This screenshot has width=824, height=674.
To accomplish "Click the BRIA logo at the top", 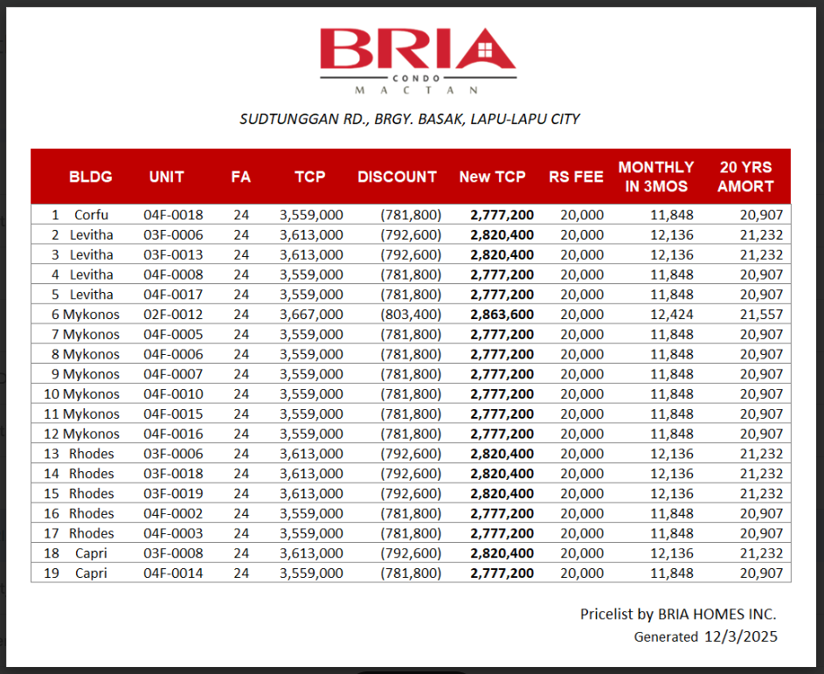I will click(x=417, y=58).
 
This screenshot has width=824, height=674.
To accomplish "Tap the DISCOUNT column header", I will click(x=397, y=177).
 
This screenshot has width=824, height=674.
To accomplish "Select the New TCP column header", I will click(x=492, y=177).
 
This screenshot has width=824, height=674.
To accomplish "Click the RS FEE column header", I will click(x=576, y=177).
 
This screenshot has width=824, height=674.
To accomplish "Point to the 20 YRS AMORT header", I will click(x=745, y=177).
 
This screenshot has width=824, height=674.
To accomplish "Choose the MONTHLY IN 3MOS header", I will click(x=656, y=177).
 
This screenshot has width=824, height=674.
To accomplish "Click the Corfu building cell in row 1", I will click(x=91, y=215).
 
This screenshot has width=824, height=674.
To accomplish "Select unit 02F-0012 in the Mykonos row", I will click(x=173, y=315).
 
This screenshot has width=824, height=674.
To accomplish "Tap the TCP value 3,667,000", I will click(x=311, y=315).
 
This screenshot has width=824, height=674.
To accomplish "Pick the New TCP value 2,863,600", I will click(x=502, y=315).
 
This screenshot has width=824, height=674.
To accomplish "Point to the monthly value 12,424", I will click(x=672, y=315).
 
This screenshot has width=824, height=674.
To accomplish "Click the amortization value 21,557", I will click(x=761, y=315).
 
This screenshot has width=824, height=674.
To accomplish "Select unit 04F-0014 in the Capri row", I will click(x=173, y=573).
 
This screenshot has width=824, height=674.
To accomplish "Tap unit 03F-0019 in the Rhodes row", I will click(x=173, y=494).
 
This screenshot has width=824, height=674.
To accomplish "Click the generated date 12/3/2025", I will click(x=740, y=637).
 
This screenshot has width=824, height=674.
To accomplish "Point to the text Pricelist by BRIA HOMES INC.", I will click(x=677, y=615).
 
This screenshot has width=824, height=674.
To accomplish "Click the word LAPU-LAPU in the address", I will click(x=507, y=119).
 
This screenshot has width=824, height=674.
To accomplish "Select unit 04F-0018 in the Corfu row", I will click(x=173, y=215).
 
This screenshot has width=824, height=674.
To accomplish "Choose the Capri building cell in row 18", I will click(x=91, y=553).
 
